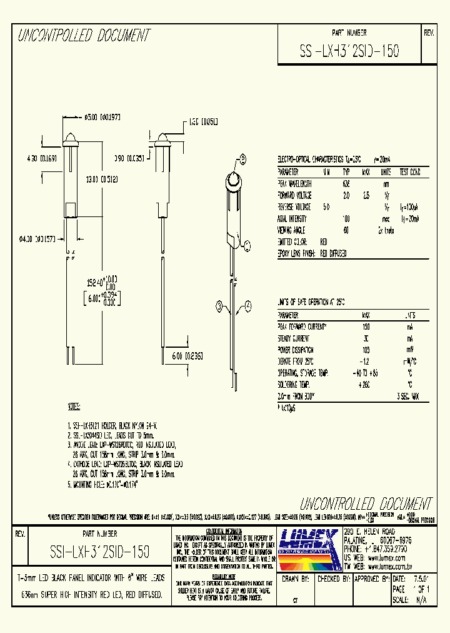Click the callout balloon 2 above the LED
(x=241, y=158)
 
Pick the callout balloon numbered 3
(x=219, y=305)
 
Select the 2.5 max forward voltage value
(x=367, y=195)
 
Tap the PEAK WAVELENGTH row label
(x=294, y=183)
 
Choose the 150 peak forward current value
(x=366, y=327)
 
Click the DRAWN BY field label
(x=297, y=580)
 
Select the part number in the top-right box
(x=349, y=49)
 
